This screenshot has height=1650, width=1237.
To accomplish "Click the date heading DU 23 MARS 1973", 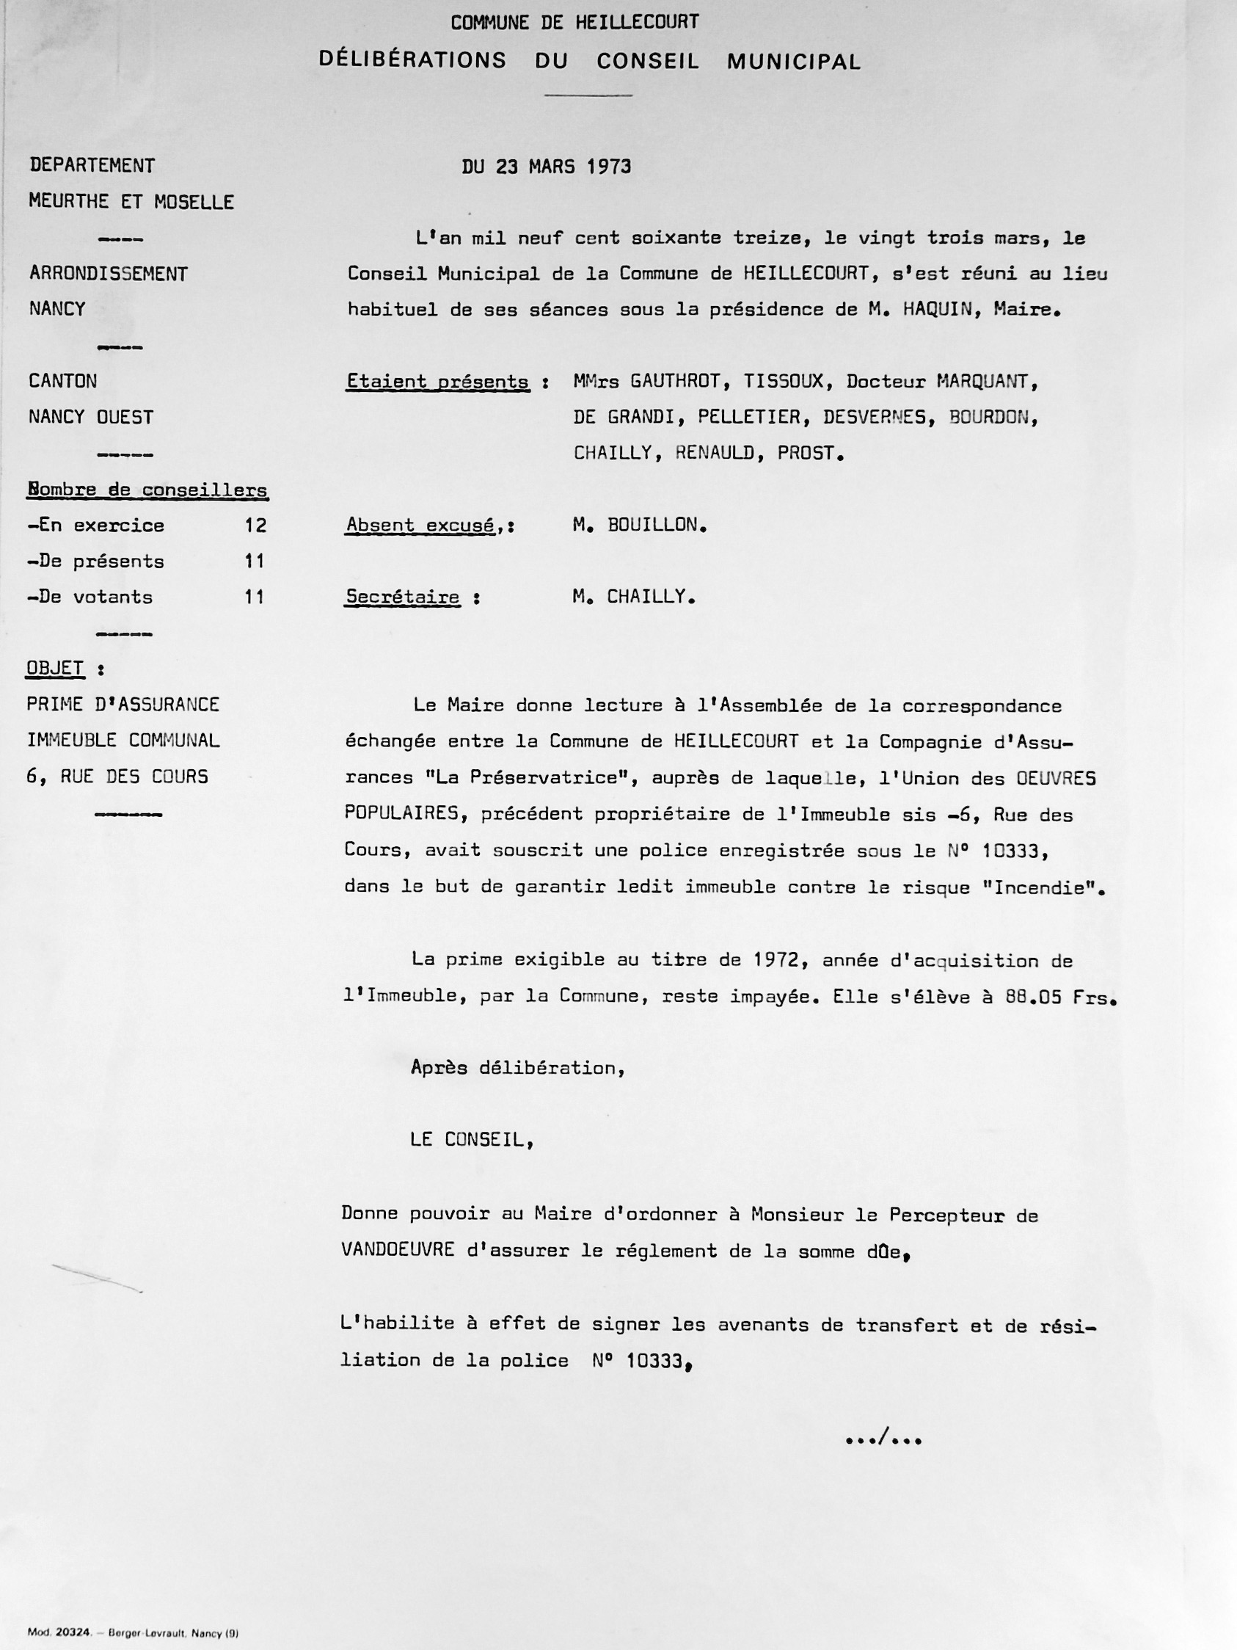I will tap(546, 167).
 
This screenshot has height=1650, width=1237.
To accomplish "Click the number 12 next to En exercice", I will tap(255, 525).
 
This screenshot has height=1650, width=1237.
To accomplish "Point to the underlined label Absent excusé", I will tap(421, 525).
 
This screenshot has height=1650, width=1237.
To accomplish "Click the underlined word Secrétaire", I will tap(403, 597).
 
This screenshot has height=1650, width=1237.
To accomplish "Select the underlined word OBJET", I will tap(55, 669).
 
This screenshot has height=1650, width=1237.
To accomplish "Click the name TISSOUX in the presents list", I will tap(783, 382).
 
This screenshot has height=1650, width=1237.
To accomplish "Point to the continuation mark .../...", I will tap(883, 1439).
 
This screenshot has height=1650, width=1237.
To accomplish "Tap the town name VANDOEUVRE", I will tap(398, 1250).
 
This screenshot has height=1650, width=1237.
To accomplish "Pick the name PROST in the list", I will tap(806, 454).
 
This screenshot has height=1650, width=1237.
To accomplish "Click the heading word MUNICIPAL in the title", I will tap(793, 62).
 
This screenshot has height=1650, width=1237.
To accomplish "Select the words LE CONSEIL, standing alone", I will tap(471, 1140).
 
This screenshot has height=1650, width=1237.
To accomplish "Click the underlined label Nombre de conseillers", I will tap(147, 490).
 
